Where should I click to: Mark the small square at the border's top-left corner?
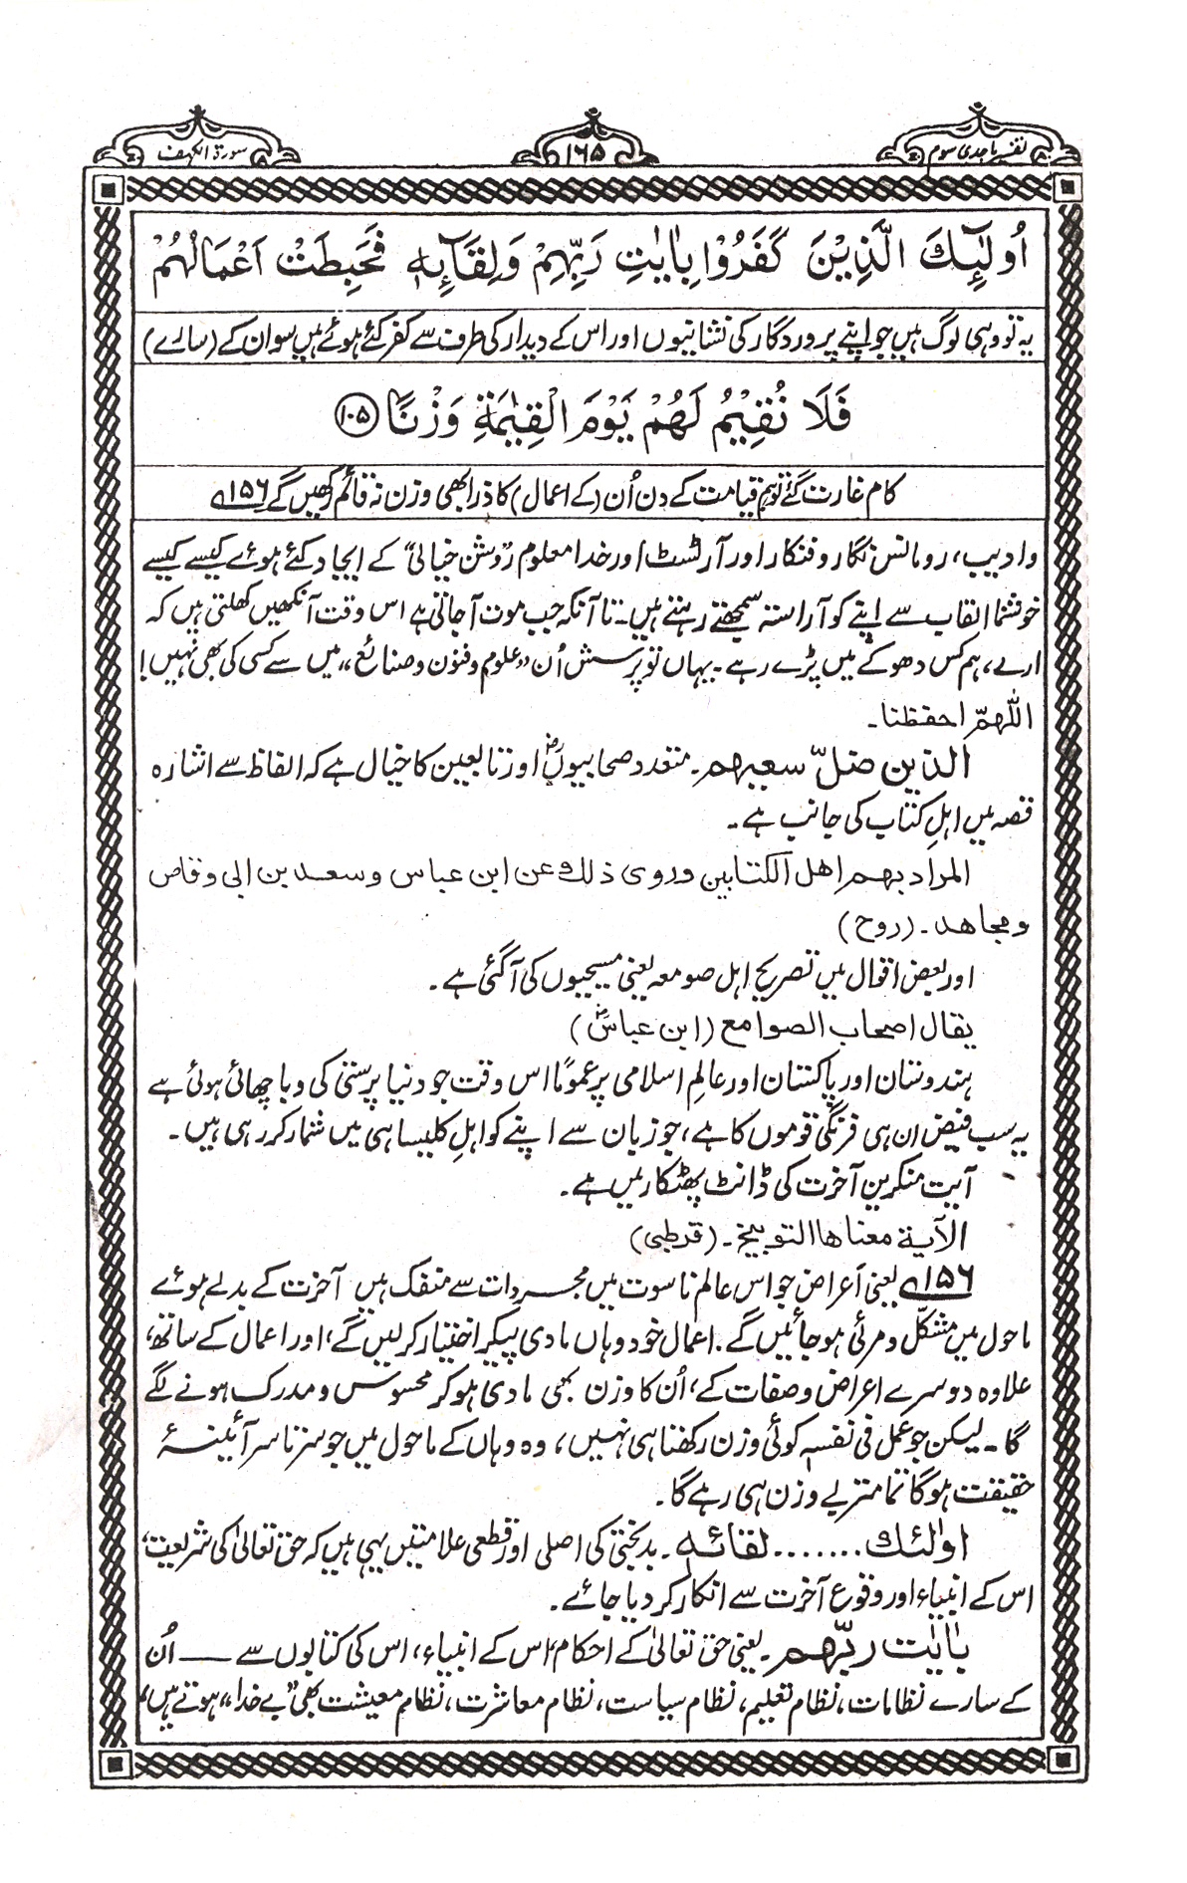tap(111, 186)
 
